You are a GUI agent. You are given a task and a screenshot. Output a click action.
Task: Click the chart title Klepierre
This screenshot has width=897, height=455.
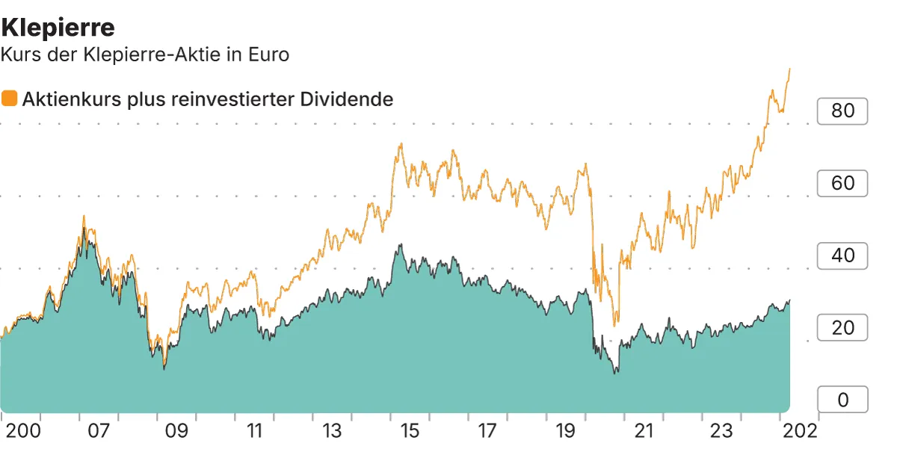click(x=58, y=28)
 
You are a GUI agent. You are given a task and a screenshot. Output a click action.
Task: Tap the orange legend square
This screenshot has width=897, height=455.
click(x=10, y=99)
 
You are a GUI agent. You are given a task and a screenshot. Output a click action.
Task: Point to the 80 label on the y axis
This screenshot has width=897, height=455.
click(x=842, y=111)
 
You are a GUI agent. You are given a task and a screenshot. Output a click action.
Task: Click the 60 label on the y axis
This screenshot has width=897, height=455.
click(x=842, y=183)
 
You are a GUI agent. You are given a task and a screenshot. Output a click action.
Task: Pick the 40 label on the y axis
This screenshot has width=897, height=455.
click(x=842, y=256)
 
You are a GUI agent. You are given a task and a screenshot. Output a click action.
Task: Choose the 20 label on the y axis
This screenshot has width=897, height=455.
click(x=842, y=328)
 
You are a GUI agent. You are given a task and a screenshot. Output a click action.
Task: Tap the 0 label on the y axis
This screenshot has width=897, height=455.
click(x=842, y=400)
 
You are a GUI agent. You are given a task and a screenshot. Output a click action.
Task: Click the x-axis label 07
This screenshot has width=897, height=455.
click(x=99, y=431)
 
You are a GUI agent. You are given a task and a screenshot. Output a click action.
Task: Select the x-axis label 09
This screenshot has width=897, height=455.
click(x=176, y=431)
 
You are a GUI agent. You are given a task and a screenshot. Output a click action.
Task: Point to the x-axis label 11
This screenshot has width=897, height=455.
click(x=254, y=431)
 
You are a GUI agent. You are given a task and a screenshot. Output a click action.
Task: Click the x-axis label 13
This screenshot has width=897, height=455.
click(x=332, y=431)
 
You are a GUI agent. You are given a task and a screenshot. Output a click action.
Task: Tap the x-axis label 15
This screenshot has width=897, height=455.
click(x=410, y=431)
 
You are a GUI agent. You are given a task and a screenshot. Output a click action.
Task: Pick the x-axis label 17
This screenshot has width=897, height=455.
click(x=487, y=431)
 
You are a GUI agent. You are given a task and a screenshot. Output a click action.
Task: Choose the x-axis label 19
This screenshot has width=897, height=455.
click(x=565, y=431)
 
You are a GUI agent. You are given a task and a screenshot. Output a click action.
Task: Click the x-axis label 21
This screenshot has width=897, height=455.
click(x=643, y=431)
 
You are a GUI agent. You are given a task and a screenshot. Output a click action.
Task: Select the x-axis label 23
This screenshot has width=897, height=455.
click(x=721, y=431)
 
